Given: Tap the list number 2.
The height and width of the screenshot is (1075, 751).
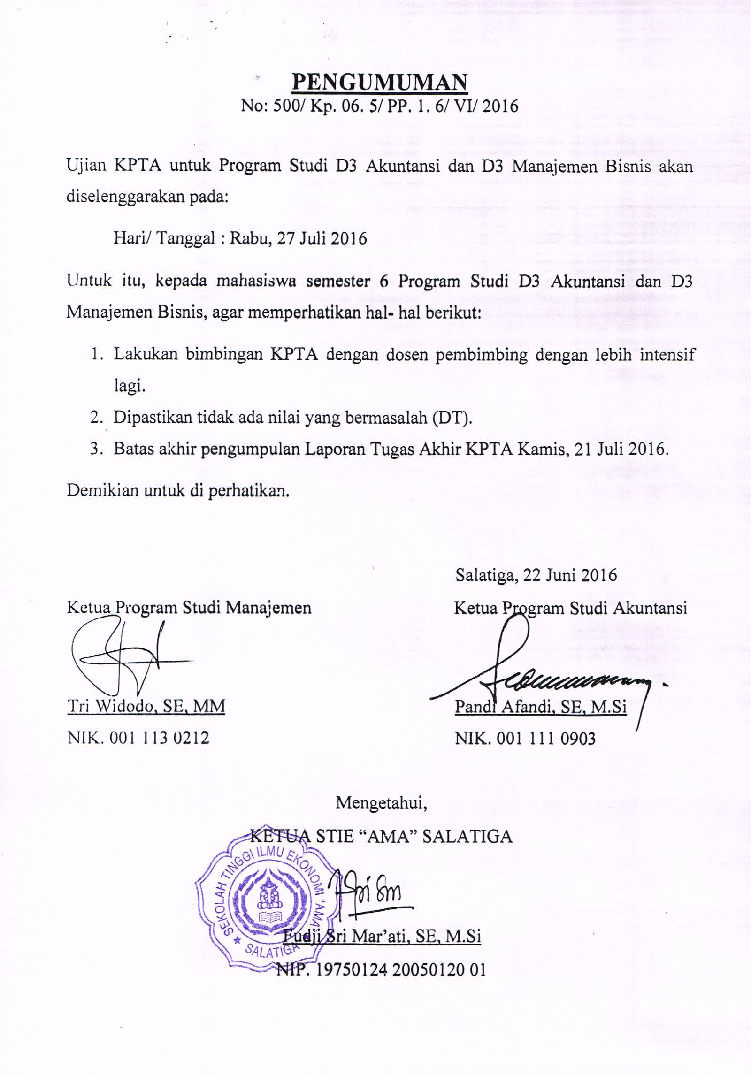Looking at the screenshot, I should click(96, 417).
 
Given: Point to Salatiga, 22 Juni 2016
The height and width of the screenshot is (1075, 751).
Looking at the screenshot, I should click(536, 575).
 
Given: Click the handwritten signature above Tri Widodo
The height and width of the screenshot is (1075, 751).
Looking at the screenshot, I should click(127, 659).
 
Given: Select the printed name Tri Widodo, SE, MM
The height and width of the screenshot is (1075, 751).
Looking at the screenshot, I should click(146, 706).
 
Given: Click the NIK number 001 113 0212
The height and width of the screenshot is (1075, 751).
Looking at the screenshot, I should click(159, 738).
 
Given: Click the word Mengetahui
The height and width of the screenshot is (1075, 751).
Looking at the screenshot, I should click(381, 803).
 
